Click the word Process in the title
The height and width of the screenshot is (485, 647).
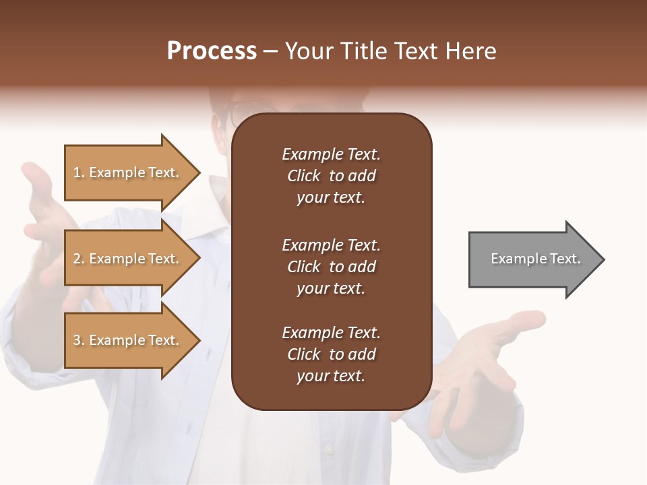click(212, 51)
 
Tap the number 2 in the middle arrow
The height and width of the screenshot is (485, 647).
click(77, 259)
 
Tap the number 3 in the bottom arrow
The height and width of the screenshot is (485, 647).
click(77, 340)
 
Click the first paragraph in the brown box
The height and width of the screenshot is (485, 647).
click(331, 176)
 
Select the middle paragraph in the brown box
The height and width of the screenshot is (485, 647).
click(331, 267)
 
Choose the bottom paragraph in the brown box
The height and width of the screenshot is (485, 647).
click(331, 354)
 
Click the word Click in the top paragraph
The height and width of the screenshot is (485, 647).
click(303, 176)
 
